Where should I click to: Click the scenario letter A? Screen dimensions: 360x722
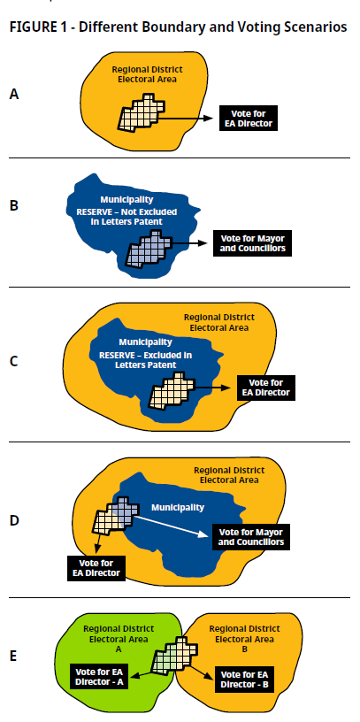point(14,95)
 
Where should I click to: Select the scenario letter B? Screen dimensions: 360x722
point(14,205)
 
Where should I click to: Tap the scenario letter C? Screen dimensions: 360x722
point(14,362)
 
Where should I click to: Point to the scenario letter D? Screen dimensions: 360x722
point(14,521)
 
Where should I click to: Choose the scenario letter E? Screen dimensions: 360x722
point(13,657)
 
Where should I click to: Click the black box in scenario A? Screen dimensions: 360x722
point(249,119)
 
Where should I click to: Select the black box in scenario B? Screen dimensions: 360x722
point(252,243)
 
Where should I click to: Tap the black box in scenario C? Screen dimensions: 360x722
point(265,388)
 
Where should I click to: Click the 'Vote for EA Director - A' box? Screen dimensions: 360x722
point(99,676)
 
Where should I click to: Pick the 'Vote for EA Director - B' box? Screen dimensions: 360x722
point(244,680)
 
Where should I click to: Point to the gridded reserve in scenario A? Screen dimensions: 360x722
point(142,112)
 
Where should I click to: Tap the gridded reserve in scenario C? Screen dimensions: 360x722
point(172,391)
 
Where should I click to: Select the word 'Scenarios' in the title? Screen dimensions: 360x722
point(318,27)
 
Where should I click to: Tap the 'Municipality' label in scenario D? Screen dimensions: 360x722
point(178,507)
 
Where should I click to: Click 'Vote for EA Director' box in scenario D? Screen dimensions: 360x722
point(96,568)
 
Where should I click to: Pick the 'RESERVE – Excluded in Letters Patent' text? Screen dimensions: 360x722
point(145,360)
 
